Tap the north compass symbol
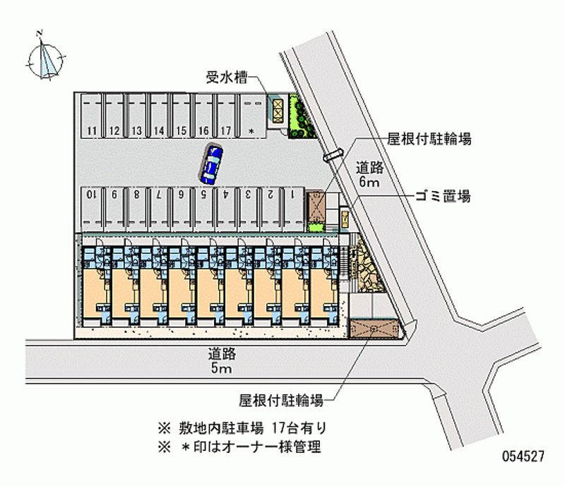47,56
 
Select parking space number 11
92,130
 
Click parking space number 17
226,130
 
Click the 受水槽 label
225,78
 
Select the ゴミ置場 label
443,195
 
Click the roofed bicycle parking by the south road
375,329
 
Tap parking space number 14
159,130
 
